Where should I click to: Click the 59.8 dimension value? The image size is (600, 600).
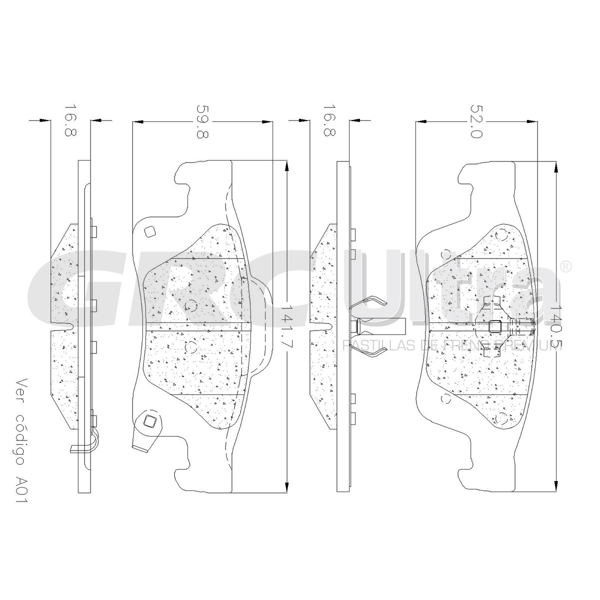tap(202, 121)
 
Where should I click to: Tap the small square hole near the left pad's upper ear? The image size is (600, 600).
tap(150, 231)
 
